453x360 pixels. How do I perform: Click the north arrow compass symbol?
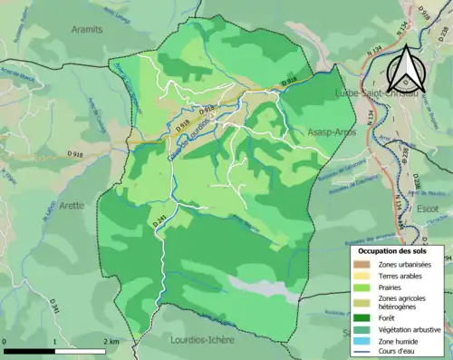408,66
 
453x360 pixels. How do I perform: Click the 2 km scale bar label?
109,341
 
